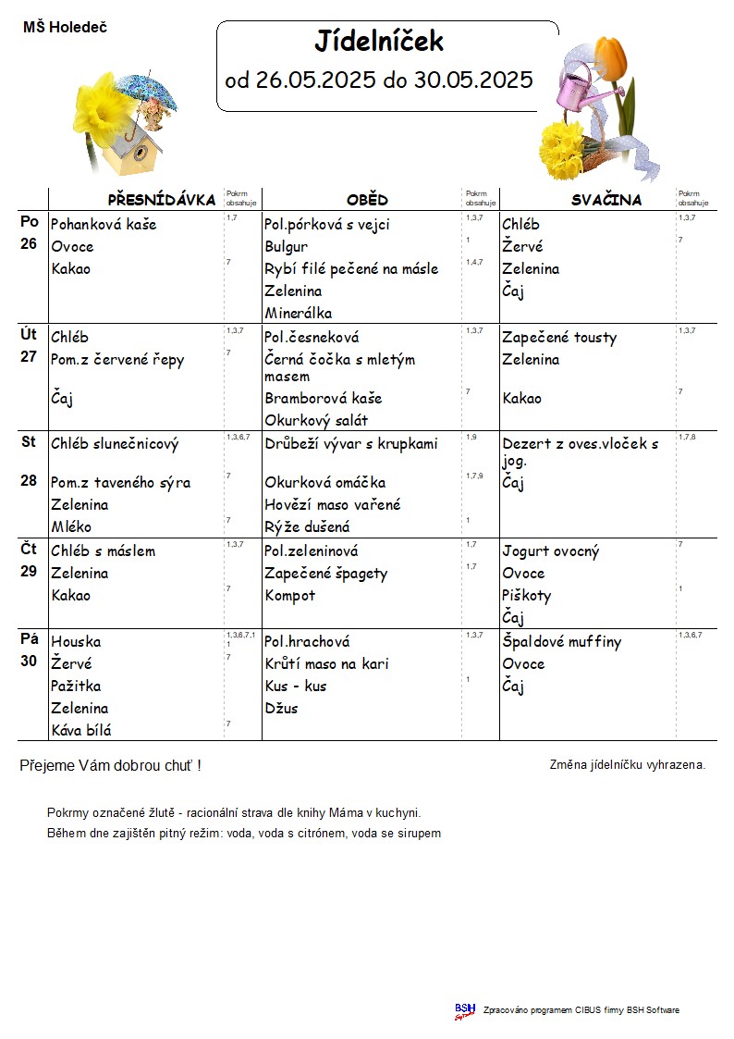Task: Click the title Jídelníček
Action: tap(379, 42)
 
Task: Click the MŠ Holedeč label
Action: tap(65, 28)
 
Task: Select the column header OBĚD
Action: tap(367, 200)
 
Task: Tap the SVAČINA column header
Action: tap(606, 200)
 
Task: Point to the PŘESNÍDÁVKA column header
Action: tap(162, 200)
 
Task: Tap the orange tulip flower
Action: tap(612, 56)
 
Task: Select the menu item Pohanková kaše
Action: tap(104, 224)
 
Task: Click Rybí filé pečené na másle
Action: tap(351, 268)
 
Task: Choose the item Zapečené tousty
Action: tap(559, 338)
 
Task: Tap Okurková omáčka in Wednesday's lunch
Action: tap(324, 482)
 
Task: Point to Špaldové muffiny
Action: tap(562, 641)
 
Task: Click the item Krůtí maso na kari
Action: tap(326, 663)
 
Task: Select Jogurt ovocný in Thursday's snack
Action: tap(551, 551)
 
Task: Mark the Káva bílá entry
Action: tap(81, 730)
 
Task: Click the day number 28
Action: tap(29, 482)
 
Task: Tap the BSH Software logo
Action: tap(465, 1010)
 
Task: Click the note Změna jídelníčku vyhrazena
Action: tap(628, 765)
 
